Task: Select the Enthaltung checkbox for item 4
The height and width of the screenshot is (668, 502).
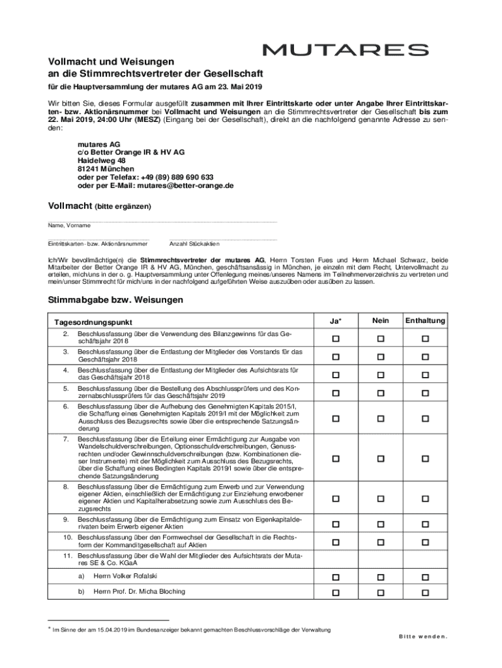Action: point(425,374)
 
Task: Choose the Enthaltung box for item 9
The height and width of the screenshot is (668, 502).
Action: point(425,524)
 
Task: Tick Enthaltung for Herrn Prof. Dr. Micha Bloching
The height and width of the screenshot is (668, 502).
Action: point(425,592)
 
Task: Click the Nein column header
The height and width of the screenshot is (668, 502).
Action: point(381,321)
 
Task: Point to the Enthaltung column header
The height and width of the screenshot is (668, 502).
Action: point(425,321)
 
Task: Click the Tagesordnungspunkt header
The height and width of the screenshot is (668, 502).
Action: point(93,322)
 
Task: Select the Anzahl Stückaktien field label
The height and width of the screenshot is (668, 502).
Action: point(194,244)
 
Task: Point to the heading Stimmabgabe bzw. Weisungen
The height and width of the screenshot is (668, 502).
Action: point(115,300)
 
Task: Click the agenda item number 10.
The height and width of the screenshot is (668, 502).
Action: point(66,536)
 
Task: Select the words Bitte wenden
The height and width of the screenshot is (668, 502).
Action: point(423,637)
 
